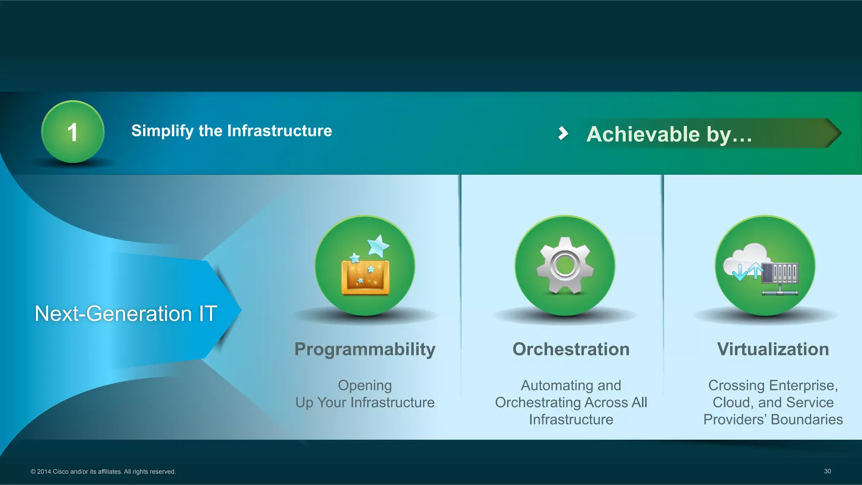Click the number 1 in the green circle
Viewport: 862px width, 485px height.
click(x=72, y=132)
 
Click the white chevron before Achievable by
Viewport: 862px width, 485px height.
click(x=563, y=133)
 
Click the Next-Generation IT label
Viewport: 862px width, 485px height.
click(x=126, y=313)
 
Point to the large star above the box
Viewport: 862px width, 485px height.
click(x=378, y=245)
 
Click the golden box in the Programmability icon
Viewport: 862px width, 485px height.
click(x=365, y=277)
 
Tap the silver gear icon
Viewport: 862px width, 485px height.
click(x=565, y=265)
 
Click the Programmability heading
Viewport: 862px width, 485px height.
click(x=365, y=349)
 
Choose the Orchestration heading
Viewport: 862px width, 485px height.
click(x=571, y=349)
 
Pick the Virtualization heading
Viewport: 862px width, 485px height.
click(x=773, y=349)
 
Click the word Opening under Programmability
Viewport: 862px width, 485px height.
click(x=365, y=385)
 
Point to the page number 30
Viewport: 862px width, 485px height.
click(x=827, y=471)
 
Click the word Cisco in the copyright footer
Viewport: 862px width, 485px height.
click(x=61, y=472)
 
